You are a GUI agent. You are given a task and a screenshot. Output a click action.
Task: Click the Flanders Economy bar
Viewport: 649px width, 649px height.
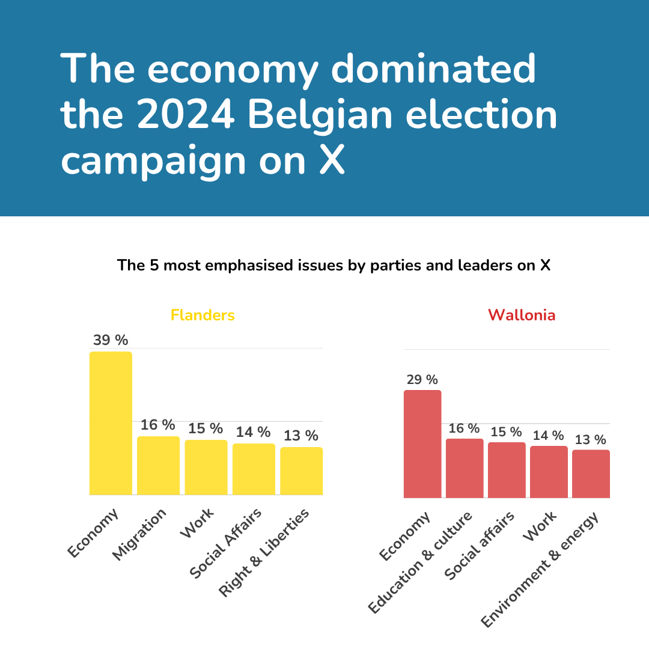pos(111,423)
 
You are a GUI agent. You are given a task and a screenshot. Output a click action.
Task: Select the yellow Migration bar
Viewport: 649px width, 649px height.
pos(158,465)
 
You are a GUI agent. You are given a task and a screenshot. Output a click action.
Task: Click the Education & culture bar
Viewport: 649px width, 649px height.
pos(465,468)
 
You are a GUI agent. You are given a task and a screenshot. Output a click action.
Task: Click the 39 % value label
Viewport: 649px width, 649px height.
pos(111,340)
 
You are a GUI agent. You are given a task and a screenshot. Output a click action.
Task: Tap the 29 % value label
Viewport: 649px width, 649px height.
pos(422,380)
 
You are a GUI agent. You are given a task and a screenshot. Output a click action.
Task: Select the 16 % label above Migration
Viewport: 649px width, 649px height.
pos(158,425)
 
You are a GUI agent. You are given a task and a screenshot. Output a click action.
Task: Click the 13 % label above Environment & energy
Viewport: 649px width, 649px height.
pos(591,439)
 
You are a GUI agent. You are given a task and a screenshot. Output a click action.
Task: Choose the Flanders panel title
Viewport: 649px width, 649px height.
pos(203,315)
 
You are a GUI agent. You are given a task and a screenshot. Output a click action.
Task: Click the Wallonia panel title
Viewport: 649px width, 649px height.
pos(522,315)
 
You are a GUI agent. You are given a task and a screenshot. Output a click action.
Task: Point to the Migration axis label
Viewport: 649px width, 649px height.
pos(139,535)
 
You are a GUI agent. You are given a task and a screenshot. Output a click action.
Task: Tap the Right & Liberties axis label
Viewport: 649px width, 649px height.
pos(264,553)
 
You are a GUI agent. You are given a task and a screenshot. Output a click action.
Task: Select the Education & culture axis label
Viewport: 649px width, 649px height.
pos(421,562)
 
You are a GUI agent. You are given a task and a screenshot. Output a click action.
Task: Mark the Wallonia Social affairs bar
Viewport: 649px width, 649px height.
pos(507,470)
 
